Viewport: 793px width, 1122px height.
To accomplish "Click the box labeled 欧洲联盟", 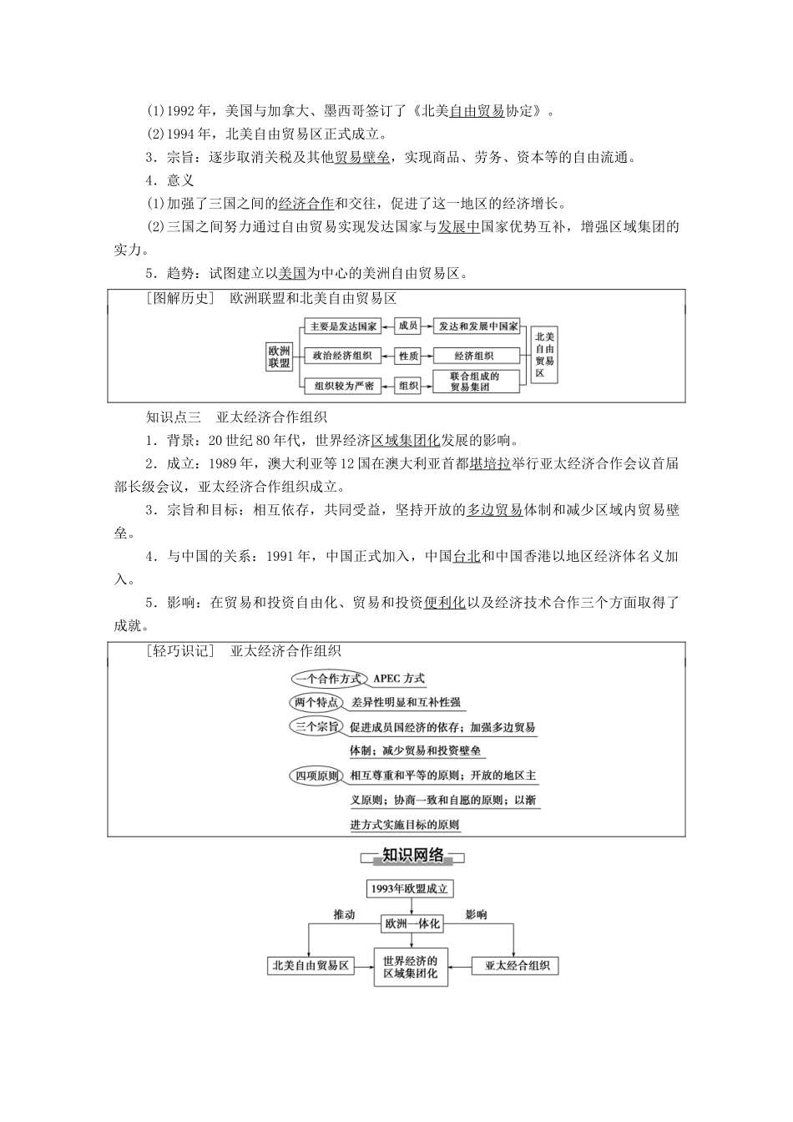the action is [x=280, y=356].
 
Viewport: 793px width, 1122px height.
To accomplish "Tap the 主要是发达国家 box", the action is [x=342, y=326].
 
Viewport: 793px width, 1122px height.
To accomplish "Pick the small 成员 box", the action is [x=408, y=326].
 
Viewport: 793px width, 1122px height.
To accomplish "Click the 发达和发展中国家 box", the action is [x=478, y=326].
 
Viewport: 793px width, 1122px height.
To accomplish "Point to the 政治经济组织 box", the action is [x=342, y=356].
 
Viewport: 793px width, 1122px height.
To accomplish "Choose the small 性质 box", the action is [x=408, y=356].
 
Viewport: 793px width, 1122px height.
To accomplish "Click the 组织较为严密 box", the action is [x=342, y=386].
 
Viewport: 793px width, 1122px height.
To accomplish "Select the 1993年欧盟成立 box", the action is [x=410, y=889].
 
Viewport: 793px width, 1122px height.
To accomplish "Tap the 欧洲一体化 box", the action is [x=411, y=924].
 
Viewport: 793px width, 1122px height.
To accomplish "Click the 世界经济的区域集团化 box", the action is [x=410, y=967].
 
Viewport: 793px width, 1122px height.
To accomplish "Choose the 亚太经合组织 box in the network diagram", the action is [x=516, y=966].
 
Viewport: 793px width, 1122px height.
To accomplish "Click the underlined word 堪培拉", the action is [x=490, y=465].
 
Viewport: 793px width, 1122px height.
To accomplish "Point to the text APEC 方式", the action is [x=399, y=680].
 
